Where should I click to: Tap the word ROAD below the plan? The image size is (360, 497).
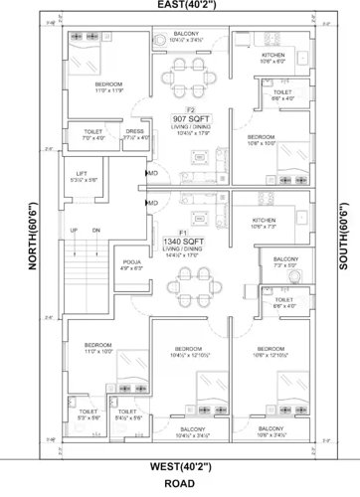pos(181,484)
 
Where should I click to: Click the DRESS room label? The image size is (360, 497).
pos(136,131)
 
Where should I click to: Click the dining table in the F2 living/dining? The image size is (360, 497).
pos(185,74)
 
